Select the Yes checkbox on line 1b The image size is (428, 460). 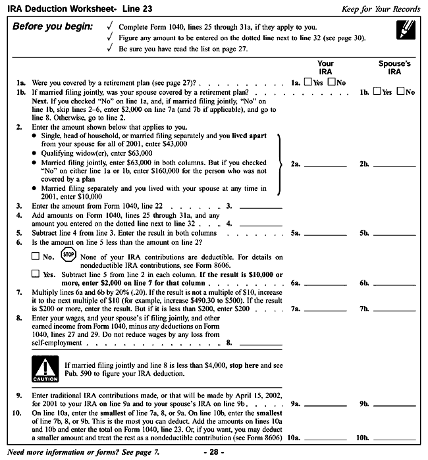pos(377,92)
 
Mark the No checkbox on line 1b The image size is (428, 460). pos(401,92)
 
